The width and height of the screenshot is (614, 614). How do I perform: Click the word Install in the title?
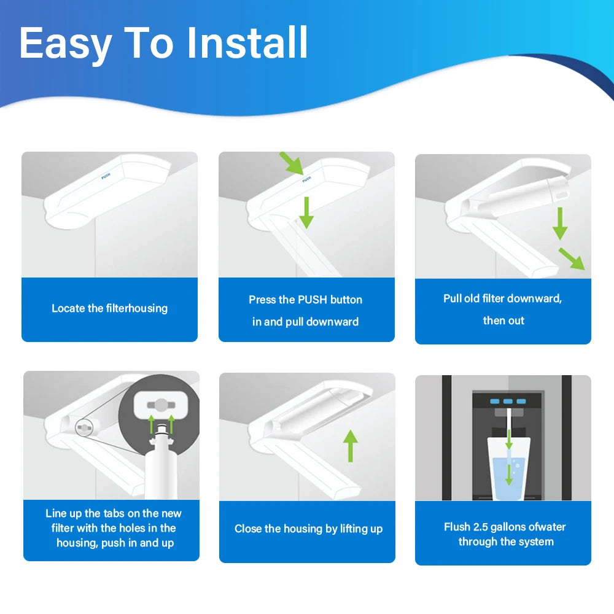pyautogui.click(x=247, y=42)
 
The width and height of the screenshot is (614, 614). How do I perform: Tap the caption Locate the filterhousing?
pyautogui.click(x=110, y=308)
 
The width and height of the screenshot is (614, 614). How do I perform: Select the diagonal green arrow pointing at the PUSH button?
pyautogui.click(x=291, y=163)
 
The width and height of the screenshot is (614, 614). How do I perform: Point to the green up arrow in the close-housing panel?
pyautogui.click(x=351, y=446)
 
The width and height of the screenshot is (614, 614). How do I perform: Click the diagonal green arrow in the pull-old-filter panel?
pyautogui.click(x=572, y=259)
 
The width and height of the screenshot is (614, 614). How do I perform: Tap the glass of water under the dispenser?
pyautogui.click(x=508, y=469)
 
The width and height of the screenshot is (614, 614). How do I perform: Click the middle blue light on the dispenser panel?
pyautogui.click(x=508, y=402)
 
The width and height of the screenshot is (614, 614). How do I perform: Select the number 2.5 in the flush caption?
pyautogui.click(x=481, y=527)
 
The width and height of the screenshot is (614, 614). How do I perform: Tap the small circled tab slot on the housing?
pyautogui.click(x=84, y=428)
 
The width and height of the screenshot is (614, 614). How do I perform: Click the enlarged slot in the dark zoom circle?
pyautogui.click(x=161, y=405)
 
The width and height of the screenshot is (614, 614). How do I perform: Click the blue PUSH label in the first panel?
pyautogui.click(x=106, y=176)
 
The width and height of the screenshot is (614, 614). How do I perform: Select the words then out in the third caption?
pyautogui.click(x=503, y=321)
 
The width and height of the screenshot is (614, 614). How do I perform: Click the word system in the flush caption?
pyautogui.click(x=535, y=542)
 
